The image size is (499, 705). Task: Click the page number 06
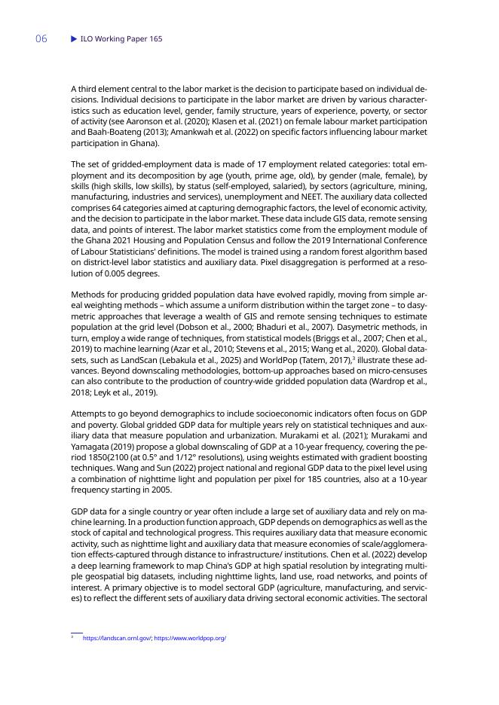41,39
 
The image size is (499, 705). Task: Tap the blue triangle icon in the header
74,38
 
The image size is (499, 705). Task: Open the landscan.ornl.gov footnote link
116,638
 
